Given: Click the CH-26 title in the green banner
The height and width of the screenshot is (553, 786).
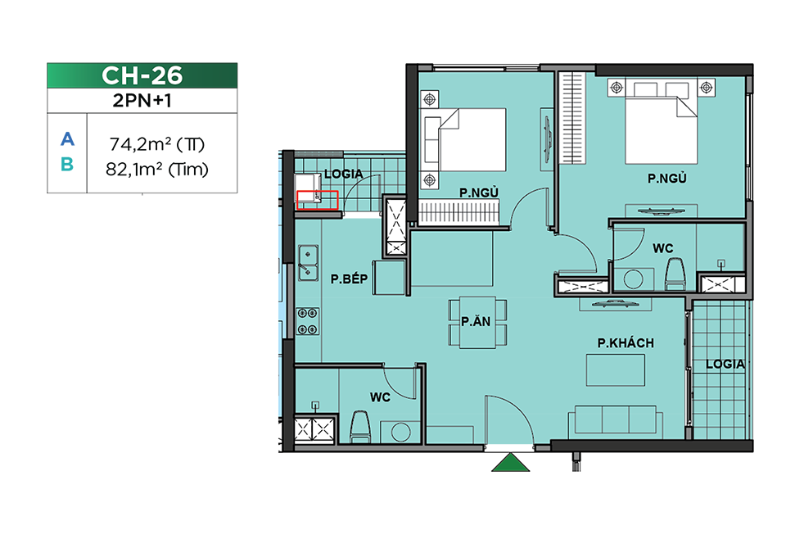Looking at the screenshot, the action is [142, 75].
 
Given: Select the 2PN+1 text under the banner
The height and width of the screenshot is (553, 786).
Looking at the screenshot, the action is [142, 101].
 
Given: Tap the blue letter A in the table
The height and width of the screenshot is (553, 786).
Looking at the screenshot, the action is [67, 139].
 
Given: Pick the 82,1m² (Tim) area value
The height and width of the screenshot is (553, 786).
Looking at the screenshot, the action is [157, 170].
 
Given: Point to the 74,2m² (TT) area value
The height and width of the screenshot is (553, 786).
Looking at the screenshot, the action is [157, 144].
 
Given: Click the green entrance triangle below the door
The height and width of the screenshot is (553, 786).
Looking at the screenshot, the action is [510, 462].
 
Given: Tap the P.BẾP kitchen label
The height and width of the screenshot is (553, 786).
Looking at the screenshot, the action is [349, 279].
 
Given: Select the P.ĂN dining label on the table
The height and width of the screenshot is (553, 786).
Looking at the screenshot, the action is [476, 322].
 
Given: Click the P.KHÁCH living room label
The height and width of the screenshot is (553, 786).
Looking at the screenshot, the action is [626, 343].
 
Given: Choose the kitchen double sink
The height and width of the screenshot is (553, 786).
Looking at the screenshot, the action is [309, 262].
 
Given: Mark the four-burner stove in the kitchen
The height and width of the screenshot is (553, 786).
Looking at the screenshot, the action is [308, 322].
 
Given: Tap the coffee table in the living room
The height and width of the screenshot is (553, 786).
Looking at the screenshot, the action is [616, 370].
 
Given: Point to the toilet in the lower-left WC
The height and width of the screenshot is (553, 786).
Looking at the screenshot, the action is [360, 428].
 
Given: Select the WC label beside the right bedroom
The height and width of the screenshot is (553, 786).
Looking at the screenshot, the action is [662, 248].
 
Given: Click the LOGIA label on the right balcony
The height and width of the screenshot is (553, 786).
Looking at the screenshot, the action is [725, 365].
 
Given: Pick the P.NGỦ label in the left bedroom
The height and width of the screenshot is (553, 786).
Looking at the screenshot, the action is [479, 193].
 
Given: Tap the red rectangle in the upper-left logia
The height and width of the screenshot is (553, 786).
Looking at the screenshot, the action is [318, 200].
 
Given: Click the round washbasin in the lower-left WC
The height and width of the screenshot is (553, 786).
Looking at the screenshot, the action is [401, 432].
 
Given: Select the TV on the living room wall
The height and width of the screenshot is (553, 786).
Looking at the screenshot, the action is [615, 304].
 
